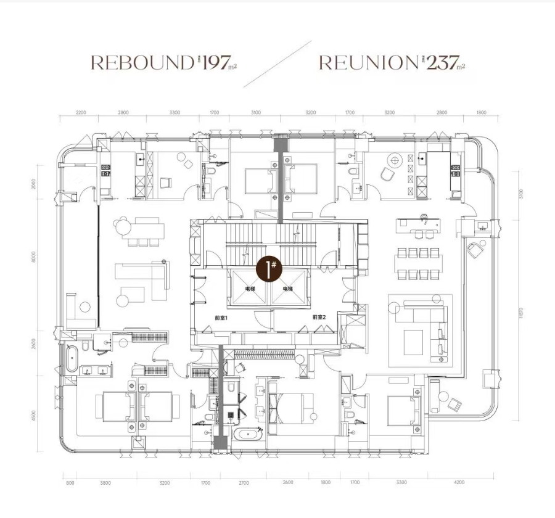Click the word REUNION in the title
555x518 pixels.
[369, 62]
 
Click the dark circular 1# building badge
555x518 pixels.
[269, 269]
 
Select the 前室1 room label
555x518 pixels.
[221, 318]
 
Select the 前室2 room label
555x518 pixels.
[318, 318]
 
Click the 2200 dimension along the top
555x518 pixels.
[81, 113]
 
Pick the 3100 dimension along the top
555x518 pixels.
[257, 113]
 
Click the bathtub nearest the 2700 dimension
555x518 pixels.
[249, 435]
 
